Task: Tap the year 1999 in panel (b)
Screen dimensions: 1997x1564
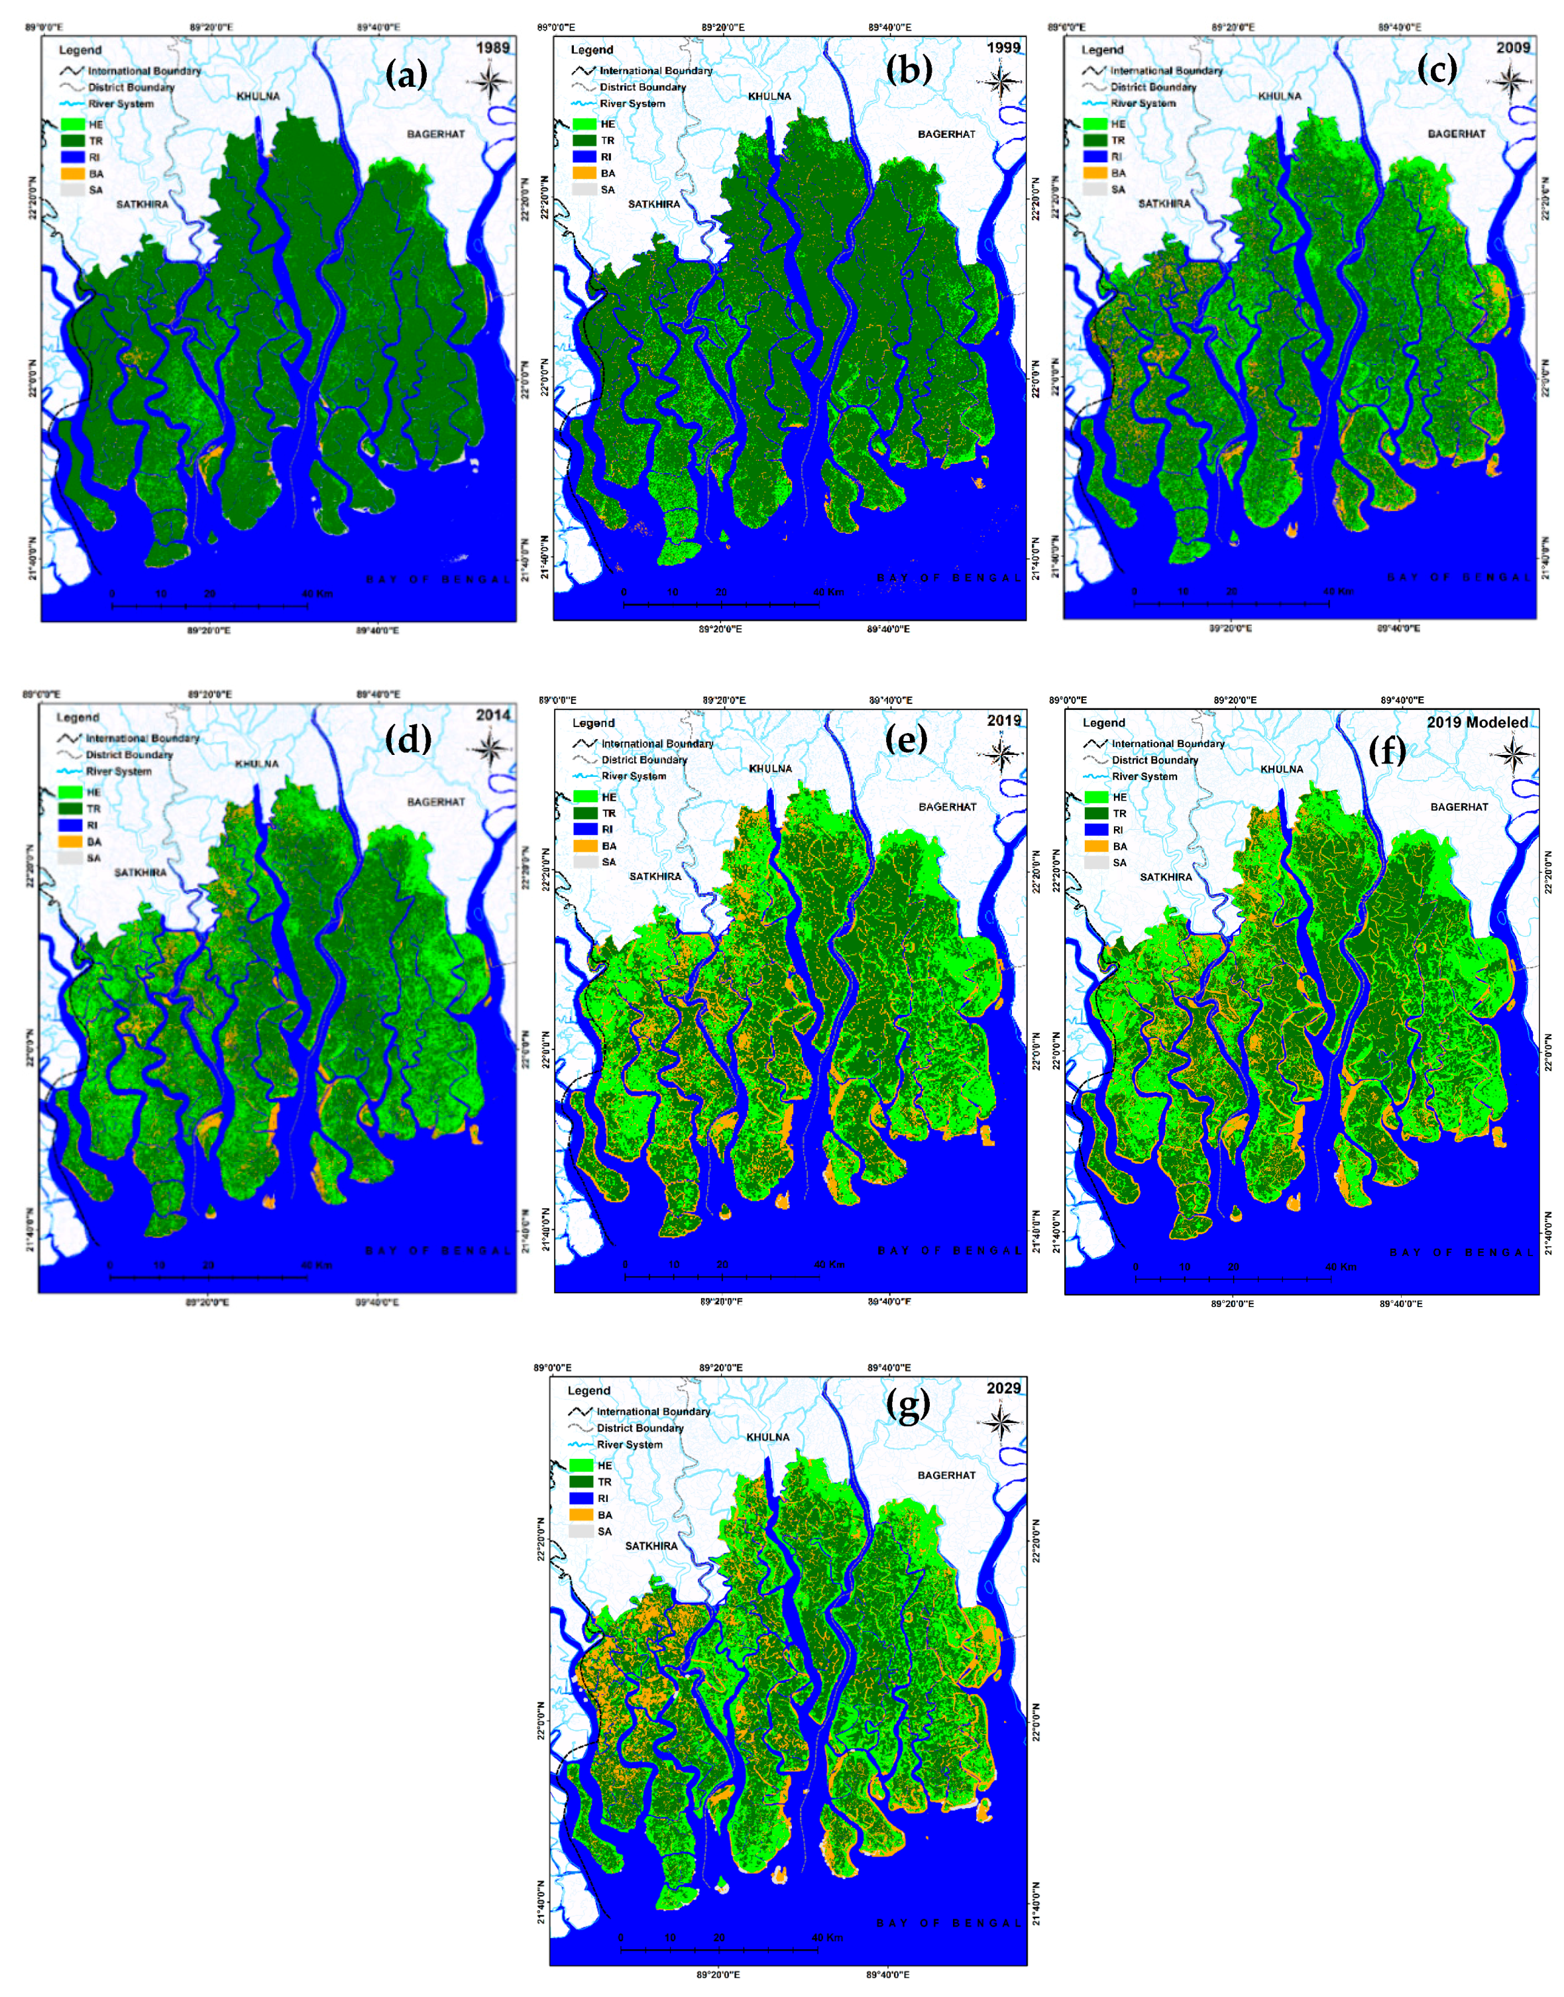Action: tap(1003, 46)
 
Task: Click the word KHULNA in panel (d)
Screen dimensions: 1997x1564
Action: tap(256, 764)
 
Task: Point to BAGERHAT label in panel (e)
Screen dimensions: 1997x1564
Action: tap(947, 807)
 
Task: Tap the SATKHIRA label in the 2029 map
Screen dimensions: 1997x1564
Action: tap(651, 1546)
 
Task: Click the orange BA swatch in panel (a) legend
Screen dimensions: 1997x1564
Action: tap(72, 174)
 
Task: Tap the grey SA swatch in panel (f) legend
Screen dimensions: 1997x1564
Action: tap(1096, 862)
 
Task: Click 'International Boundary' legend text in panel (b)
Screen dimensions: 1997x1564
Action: tap(655, 70)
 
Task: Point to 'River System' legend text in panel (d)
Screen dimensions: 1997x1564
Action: tap(119, 771)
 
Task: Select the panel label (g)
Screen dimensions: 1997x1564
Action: tap(907, 1406)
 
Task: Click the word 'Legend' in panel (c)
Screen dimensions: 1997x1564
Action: tap(1103, 50)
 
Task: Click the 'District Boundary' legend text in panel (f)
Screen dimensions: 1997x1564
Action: tap(1154, 760)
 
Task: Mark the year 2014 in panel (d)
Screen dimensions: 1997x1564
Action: tap(492, 715)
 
